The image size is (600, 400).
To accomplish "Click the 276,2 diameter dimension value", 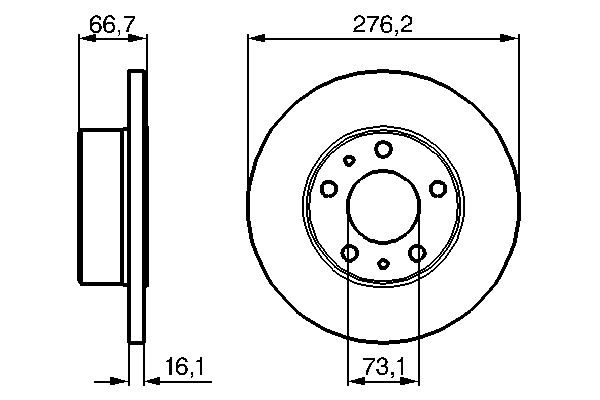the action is tap(383, 24).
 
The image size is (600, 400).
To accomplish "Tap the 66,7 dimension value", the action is tap(112, 24).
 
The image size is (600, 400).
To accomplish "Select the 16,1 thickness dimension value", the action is tap(185, 367).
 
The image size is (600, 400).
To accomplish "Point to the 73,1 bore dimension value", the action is tap(383, 367).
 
